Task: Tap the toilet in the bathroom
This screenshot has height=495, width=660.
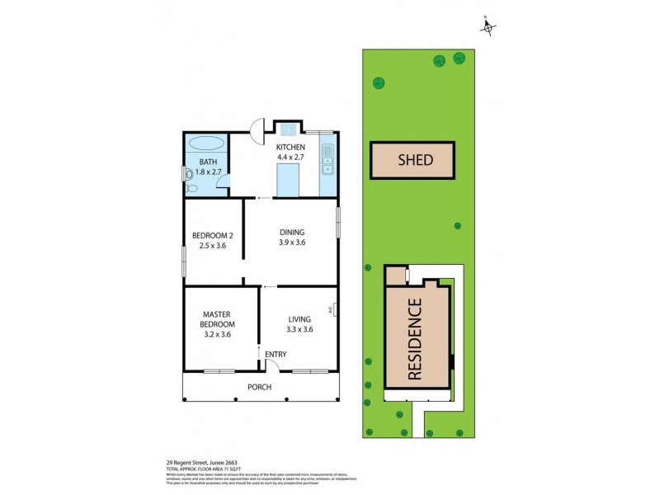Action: (190, 175)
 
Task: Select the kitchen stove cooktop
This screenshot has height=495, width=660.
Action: (289, 129)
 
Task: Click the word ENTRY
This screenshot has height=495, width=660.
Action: (276, 355)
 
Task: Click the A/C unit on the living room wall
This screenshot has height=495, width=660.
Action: (335, 310)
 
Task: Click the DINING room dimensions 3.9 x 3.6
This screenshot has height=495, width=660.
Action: (291, 243)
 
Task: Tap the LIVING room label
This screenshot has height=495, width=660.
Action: (299, 318)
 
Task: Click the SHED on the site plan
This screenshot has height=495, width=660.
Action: (414, 160)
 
